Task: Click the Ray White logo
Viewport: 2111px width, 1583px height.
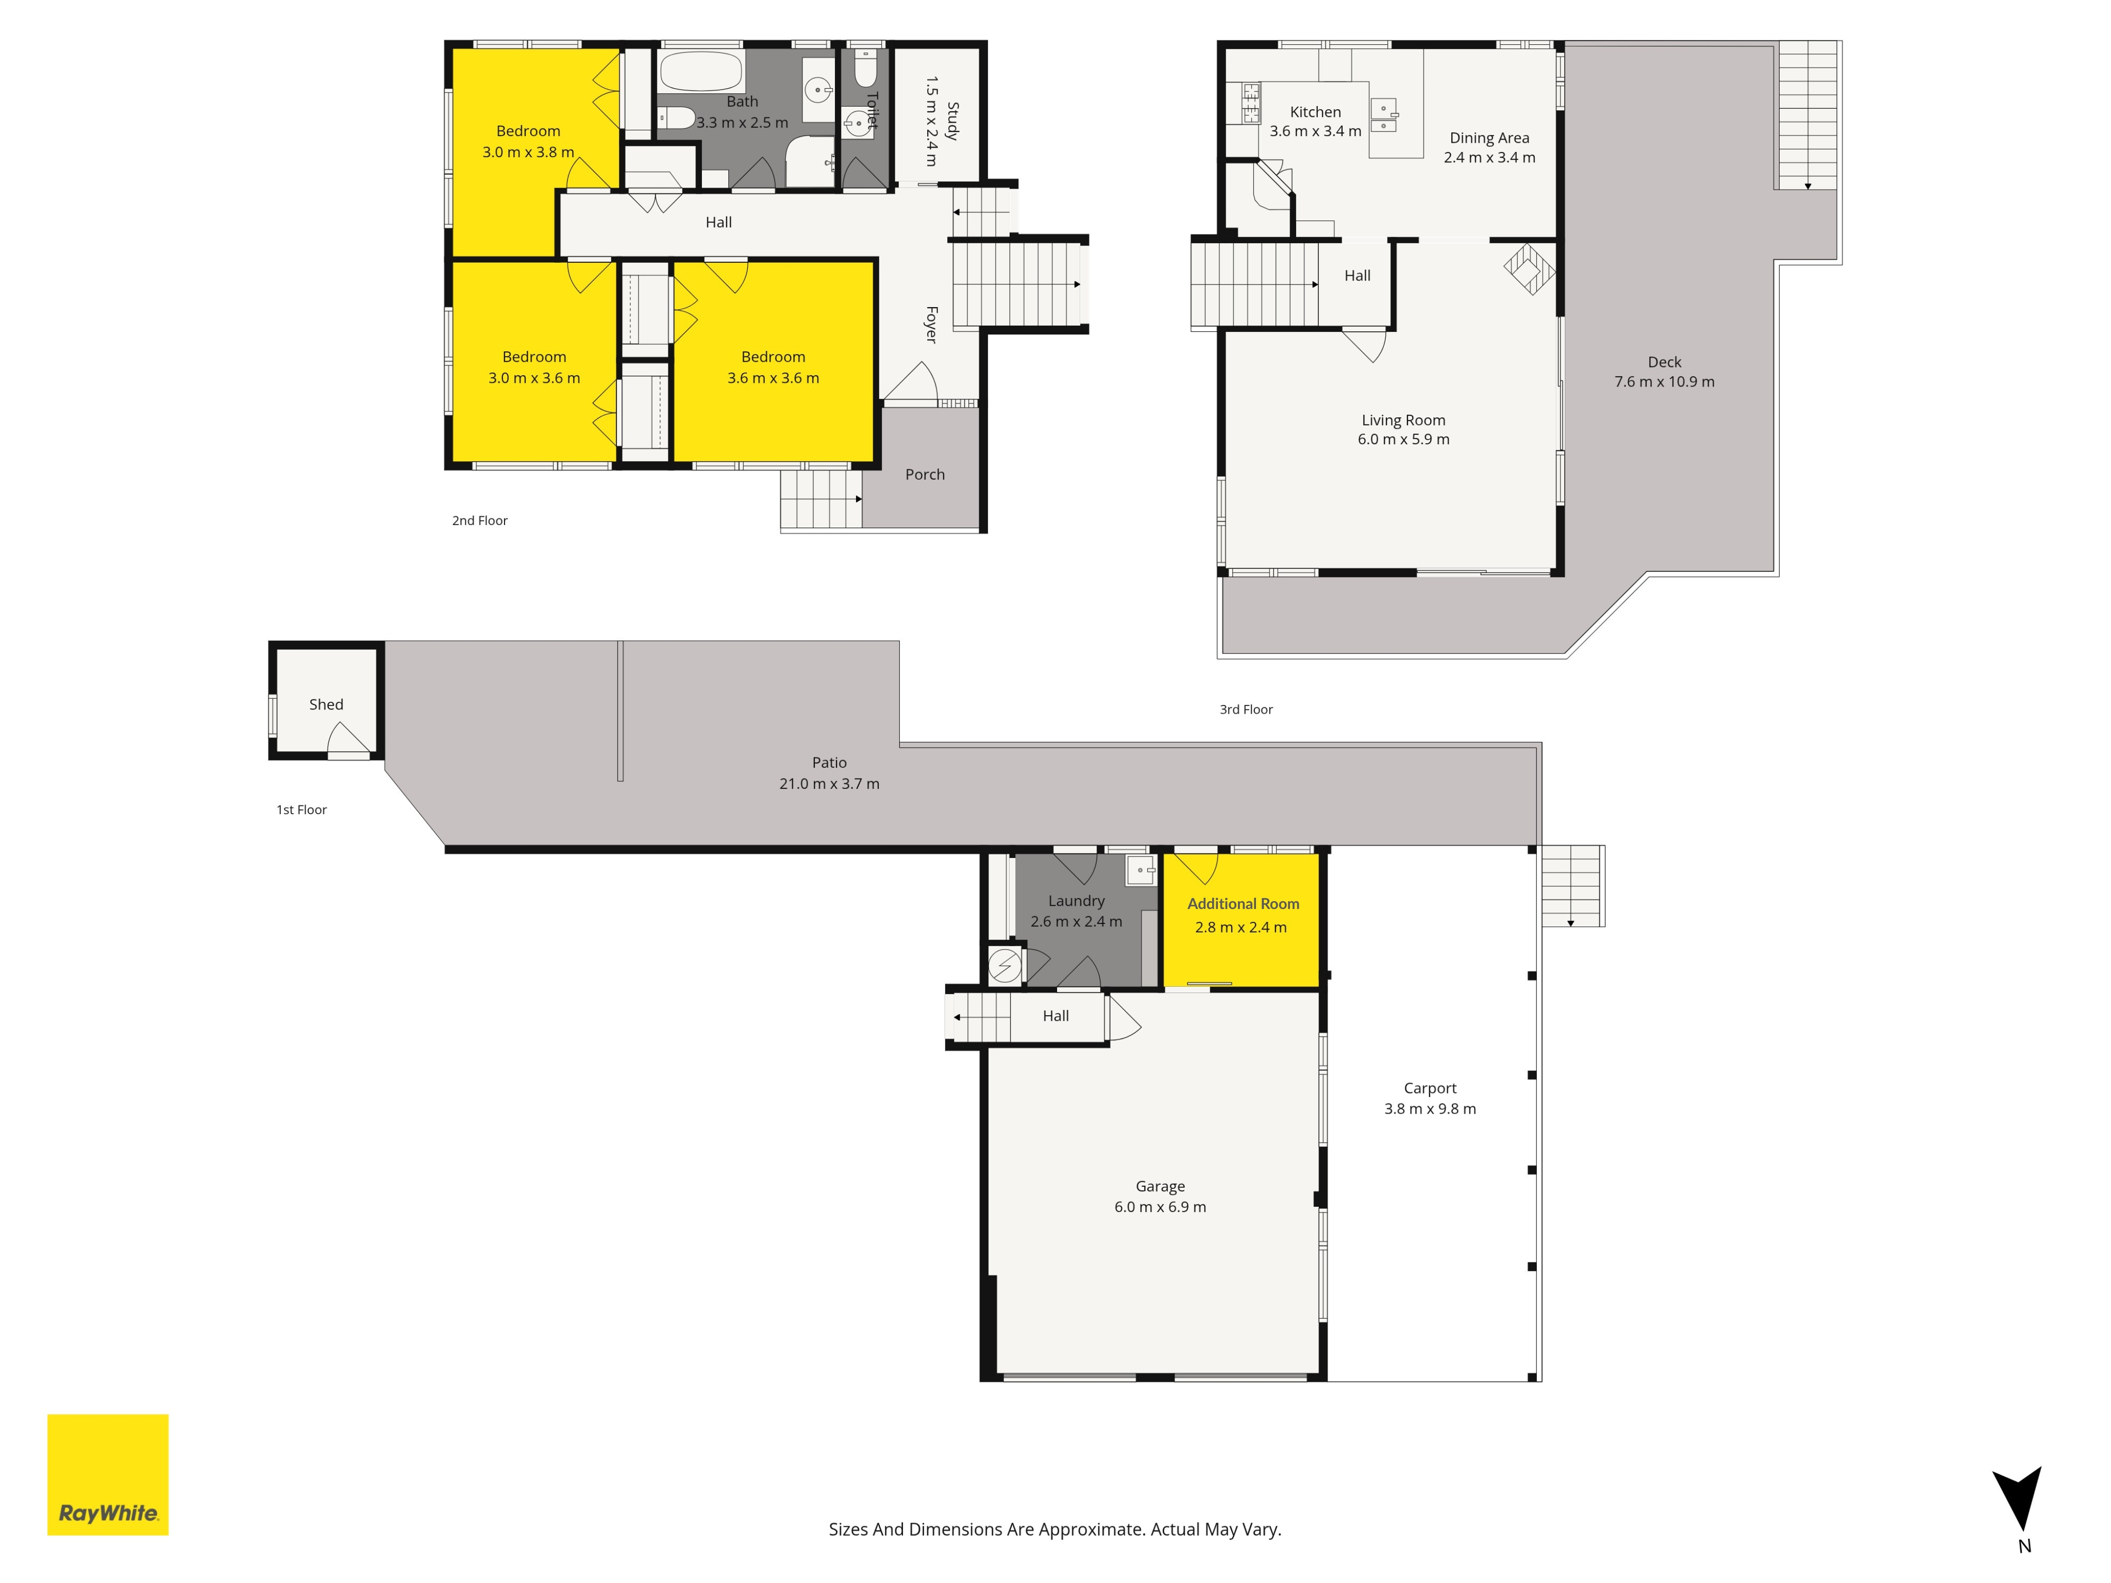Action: pyautogui.click(x=108, y=1474)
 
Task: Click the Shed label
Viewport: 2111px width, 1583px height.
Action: pyautogui.click(x=326, y=704)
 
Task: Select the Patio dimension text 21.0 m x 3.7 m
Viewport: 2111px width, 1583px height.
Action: pyautogui.click(x=829, y=783)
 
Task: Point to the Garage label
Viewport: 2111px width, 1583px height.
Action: pyautogui.click(x=1161, y=1186)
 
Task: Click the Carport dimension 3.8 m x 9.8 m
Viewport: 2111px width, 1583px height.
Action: pyautogui.click(x=1430, y=1109)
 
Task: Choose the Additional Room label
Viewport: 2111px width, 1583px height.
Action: pyautogui.click(x=1243, y=904)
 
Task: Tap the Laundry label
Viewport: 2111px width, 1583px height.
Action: pyautogui.click(x=1077, y=901)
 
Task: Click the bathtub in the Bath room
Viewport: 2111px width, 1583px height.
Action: pyautogui.click(x=701, y=72)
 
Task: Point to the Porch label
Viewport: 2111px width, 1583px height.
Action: pyautogui.click(x=925, y=474)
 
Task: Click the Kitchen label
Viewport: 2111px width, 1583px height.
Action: pyautogui.click(x=1315, y=112)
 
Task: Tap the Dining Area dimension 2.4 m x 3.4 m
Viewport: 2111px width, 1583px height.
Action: pyautogui.click(x=1489, y=158)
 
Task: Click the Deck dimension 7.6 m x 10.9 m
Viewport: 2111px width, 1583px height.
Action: pyautogui.click(x=1664, y=382)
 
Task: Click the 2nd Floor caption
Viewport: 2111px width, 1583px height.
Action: pyautogui.click(x=480, y=520)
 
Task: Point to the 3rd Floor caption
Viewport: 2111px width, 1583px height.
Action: pyautogui.click(x=1246, y=709)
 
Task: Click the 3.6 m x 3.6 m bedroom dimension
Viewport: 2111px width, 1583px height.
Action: pyautogui.click(x=773, y=378)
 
